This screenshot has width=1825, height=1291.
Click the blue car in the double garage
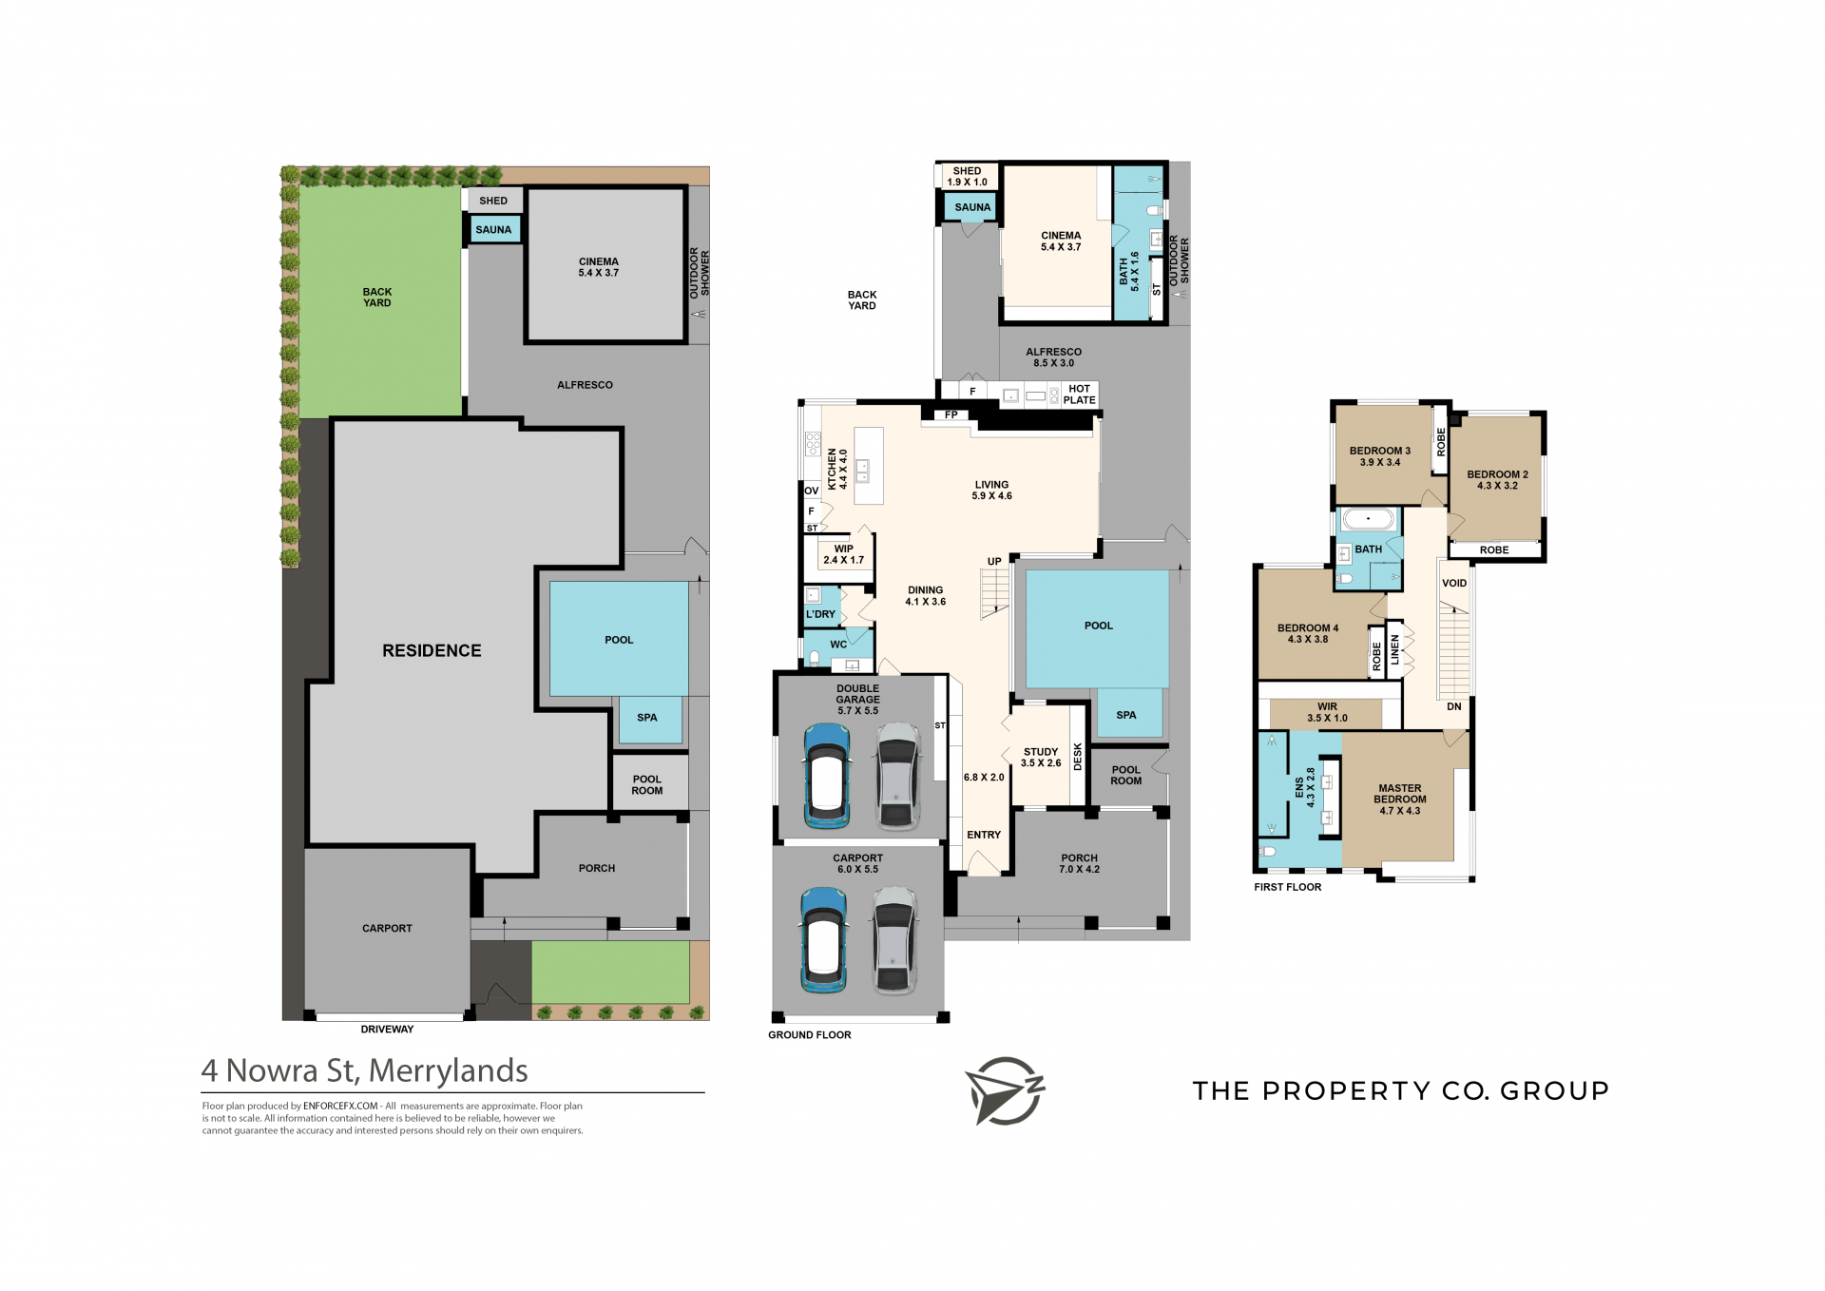[x=826, y=776]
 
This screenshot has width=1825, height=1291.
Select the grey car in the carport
[x=894, y=940]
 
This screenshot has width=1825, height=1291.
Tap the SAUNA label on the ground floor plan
[x=972, y=207]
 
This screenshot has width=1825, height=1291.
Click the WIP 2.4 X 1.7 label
[x=843, y=554]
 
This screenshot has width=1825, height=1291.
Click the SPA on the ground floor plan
[x=1126, y=715]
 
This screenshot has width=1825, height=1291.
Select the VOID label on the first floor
[x=1454, y=584]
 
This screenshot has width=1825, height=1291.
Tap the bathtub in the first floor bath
[x=1368, y=520]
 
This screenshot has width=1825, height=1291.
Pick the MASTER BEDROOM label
[x=1400, y=794]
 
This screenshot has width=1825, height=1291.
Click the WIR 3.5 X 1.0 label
[x=1327, y=712]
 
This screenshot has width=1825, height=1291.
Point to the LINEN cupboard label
[x=1395, y=650]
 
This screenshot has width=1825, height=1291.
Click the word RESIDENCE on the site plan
[x=432, y=650]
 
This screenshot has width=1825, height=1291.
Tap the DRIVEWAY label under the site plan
[x=387, y=1030]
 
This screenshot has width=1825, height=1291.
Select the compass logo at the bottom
[x=1005, y=1090]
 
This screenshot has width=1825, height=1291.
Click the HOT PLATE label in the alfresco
[x=1079, y=395]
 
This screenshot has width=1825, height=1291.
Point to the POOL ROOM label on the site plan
[x=647, y=785]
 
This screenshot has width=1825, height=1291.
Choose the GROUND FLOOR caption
[x=810, y=1035]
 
